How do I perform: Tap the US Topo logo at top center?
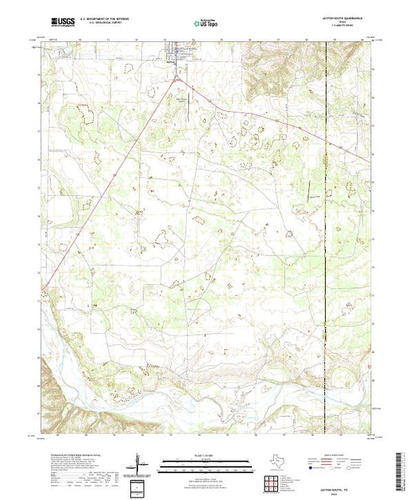coord(206,25)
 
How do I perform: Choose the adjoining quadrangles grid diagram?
coord(273,483)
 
